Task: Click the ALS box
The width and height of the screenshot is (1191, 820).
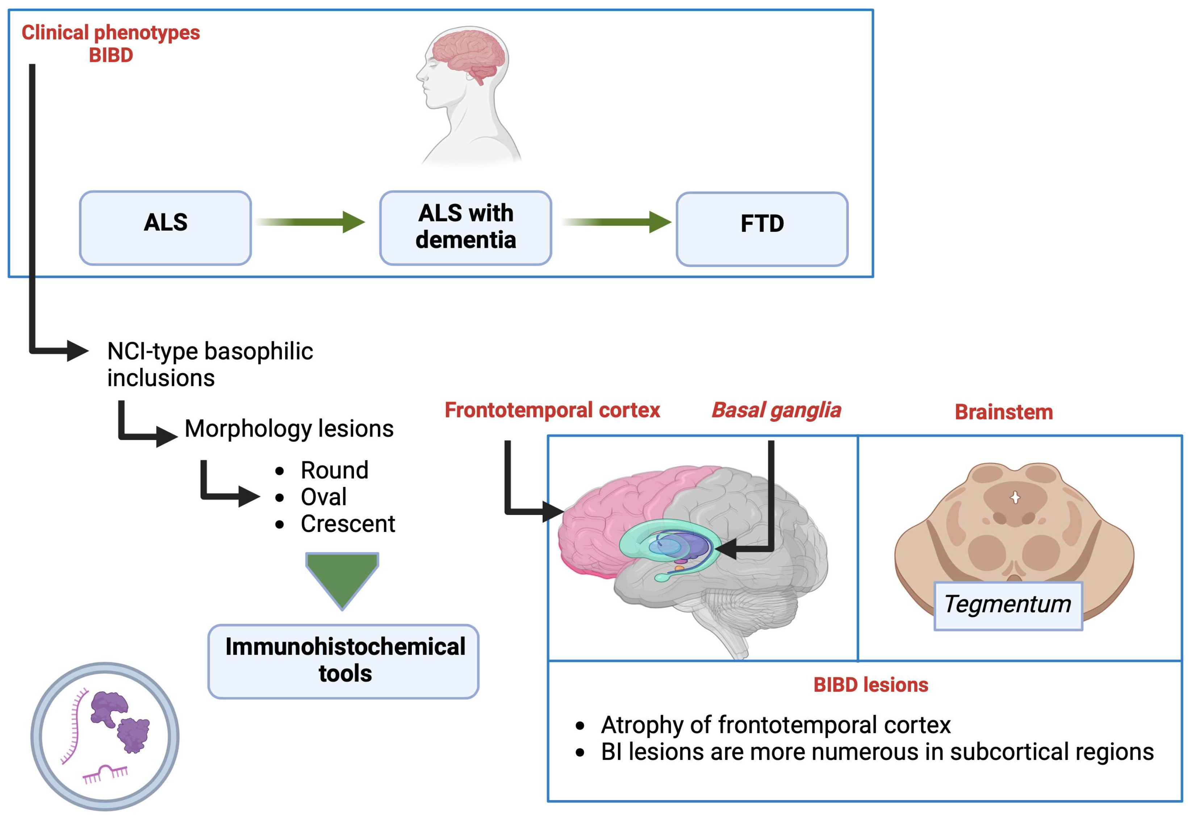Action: (166, 228)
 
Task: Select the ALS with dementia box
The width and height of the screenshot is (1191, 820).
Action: (465, 228)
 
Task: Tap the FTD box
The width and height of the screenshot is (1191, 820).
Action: (762, 229)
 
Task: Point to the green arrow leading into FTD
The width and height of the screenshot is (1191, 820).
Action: (616, 222)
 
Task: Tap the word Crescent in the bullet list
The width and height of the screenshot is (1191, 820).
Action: (348, 524)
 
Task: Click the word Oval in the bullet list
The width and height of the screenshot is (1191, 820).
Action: (323, 497)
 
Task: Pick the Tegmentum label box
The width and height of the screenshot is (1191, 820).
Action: (1008, 605)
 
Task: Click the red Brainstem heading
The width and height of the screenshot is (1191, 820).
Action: (1003, 412)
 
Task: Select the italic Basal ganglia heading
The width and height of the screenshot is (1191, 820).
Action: (776, 410)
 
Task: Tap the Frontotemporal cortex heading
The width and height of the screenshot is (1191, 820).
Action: (552, 410)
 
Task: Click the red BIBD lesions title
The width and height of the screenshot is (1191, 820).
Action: (870, 685)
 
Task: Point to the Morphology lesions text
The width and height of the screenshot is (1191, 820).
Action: (289, 429)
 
